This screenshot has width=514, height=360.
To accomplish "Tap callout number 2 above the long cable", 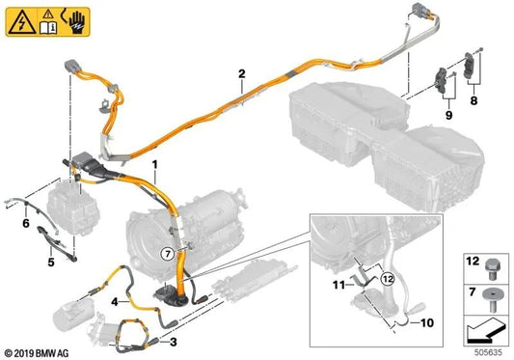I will (241, 71).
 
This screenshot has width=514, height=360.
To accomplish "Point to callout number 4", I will (114, 301).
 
